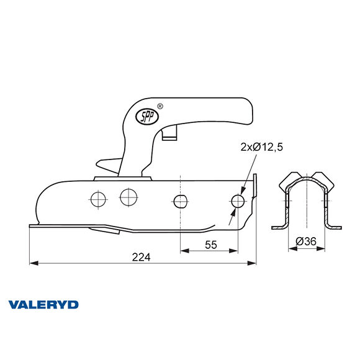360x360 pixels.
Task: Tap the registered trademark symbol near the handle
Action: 161,106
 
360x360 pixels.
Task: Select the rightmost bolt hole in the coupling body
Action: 237,200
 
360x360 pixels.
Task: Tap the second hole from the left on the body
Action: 129,197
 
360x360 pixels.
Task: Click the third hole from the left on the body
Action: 179,200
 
